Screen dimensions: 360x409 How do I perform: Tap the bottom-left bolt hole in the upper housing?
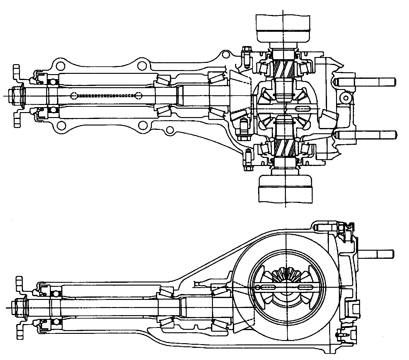click(61, 126)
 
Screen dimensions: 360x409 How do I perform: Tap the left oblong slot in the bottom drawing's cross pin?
click(263, 287)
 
